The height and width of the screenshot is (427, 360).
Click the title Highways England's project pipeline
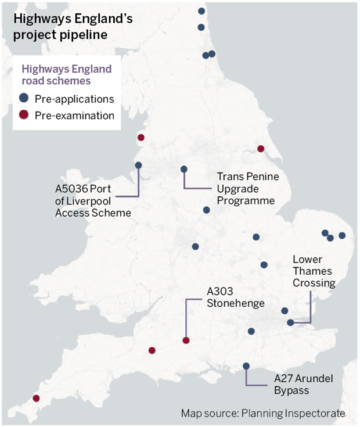coord(73,27)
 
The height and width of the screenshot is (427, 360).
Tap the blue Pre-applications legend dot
coord(24,98)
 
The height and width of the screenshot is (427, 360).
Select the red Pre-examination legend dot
coord(24,115)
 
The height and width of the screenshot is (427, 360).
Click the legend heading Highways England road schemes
coord(66,74)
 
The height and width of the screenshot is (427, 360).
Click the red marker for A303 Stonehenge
coord(186,341)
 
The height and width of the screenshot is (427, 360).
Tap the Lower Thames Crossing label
coord(314,271)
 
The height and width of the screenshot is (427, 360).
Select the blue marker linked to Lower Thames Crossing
coord(290,322)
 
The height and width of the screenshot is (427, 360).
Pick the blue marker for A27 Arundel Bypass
coord(246,366)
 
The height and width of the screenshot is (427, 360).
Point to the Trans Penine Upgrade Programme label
coord(247,188)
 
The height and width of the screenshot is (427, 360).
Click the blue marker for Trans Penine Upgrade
coord(184,169)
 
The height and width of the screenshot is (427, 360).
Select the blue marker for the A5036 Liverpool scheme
coord(138,165)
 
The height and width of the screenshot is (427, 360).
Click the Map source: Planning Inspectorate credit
coord(263,414)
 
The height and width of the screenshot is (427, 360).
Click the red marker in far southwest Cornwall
coord(36,398)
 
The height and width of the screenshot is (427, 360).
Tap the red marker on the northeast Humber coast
coord(261,148)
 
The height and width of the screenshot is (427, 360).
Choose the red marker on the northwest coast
coord(141,138)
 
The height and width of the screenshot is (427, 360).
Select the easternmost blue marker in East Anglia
coord(342,235)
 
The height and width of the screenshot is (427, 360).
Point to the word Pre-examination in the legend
coord(74,115)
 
